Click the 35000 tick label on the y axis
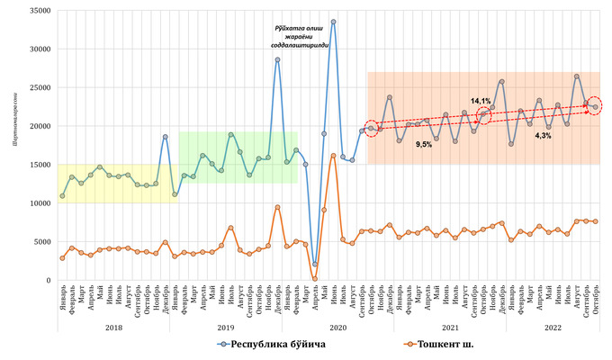pyautogui.click(x=37, y=10)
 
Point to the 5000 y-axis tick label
pyautogui.click(x=40, y=241)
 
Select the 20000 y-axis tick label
pyautogui.click(x=37, y=126)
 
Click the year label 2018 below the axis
pyautogui.click(x=113, y=328)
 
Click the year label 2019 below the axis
pyautogui.click(x=226, y=328)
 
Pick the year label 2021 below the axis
pyautogui.click(x=441, y=328)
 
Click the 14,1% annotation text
pyautogui.click(x=481, y=101)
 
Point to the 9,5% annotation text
pyautogui.click(x=423, y=143)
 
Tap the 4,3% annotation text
pyautogui.click(x=543, y=135)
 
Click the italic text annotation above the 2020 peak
pyautogui.click(x=301, y=37)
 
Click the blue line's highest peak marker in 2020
pyautogui.click(x=333, y=22)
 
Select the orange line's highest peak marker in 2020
pyautogui.click(x=333, y=156)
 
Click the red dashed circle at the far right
pyautogui.click(x=595, y=106)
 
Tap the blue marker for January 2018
pyautogui.click(x=62, y=196)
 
